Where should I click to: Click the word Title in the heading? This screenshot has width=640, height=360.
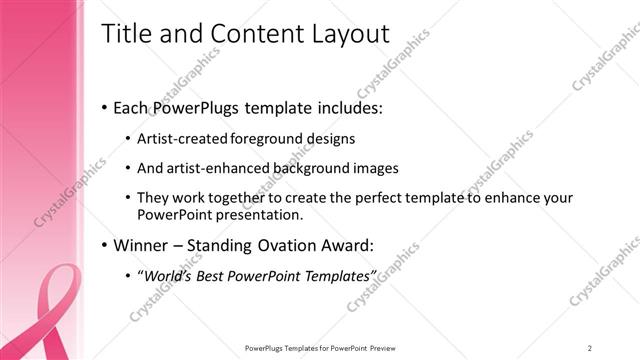click(127, 33)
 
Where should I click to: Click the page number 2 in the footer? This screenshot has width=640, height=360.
click(589, 347)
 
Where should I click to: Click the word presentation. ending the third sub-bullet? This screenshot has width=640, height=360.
click(253, 215)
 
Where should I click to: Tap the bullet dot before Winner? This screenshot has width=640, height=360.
click(106, 245)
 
